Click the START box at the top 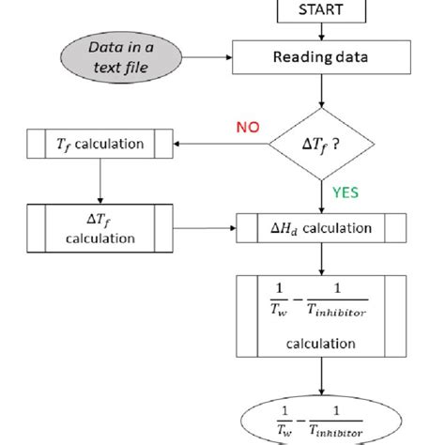click(321, 12)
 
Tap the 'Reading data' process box click(321, 58)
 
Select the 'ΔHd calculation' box click(321, 227)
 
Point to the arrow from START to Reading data click(321, 33)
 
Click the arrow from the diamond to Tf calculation click(222, 144)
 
